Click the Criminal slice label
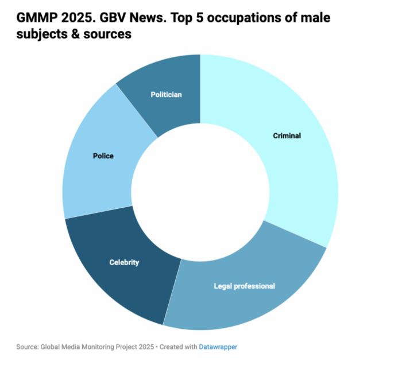tap(287, 136)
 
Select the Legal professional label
tap(244, 286)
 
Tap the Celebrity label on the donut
tap(124, 262)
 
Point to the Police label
tap(103, 156)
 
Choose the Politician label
tap(166, 94)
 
